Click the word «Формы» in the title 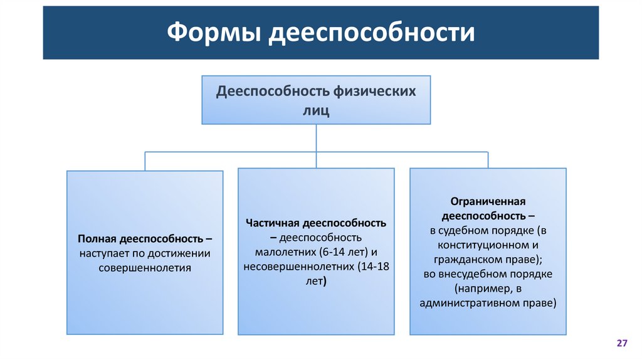pos(213,33)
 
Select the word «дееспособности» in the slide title pos(372,33)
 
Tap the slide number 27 pos(622,343)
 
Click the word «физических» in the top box pos(381,92)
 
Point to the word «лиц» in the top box pos(316,110)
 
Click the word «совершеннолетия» pos(145,268)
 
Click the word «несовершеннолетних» pos(298,267)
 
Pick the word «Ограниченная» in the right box pos(487,201)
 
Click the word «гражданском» pos(465,259)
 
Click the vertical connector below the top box pos(316,138)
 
